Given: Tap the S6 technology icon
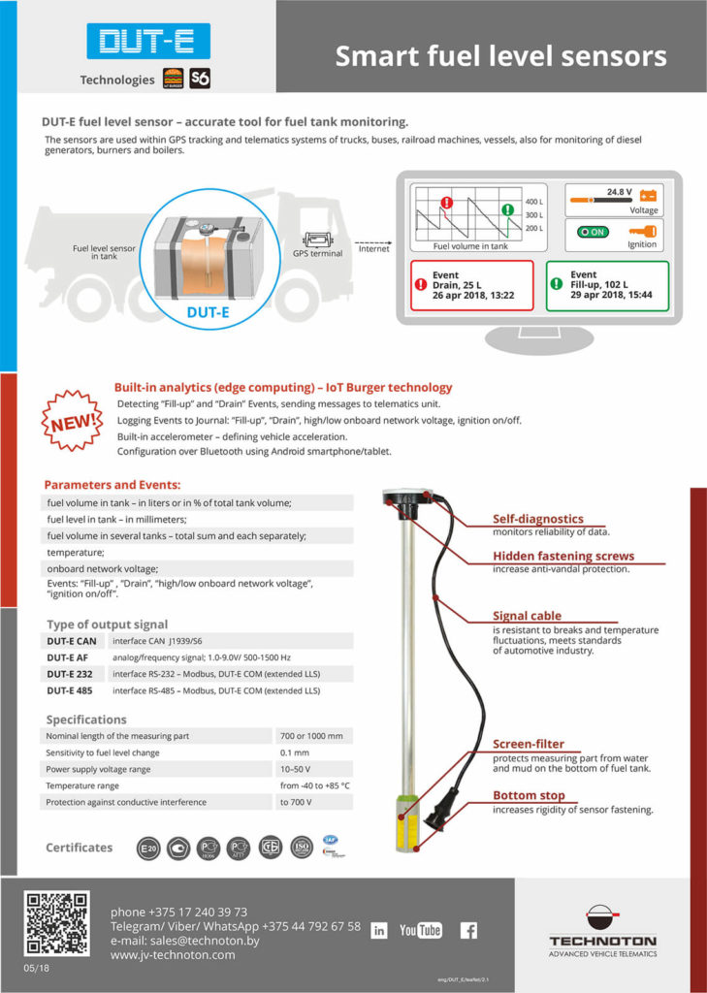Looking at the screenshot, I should [x=200, y=79].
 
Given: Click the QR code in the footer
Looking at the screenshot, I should [x=57, y=923].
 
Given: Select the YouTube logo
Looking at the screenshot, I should [x=420, y=930].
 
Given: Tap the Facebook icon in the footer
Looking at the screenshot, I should [x=468, y=930].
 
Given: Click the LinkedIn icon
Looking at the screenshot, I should [x=379, y=931].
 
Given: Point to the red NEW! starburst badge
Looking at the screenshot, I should [x=74, y=420].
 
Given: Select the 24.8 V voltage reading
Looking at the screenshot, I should [x=619, y=192].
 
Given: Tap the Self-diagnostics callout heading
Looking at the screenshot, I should [x=537, y=519].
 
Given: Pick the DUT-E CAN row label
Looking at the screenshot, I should [x=73, y=640].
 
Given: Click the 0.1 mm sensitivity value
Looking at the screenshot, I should [x=295, y=753].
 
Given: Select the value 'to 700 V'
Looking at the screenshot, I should [x=299, y=802].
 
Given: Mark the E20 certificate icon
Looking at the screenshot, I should [x=148, y=848].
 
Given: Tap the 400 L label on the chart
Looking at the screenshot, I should [x=533, y=202].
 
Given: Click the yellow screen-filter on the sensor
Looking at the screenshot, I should [x=406, y=822].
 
